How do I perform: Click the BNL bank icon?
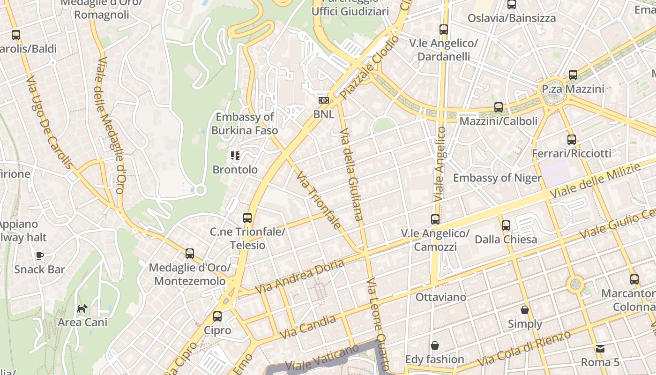pyautogui.click(x=323, y=100)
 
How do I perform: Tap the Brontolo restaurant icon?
pyautogui.click(x=235, y=156)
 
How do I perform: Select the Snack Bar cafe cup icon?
pyautogui.click(x=40, y=255)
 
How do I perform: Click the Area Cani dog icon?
pyautogui.click(x=82, y=308)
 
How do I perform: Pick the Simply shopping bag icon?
pyautogui.click(x=525, y=310)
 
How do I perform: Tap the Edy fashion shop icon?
pyautogui.click(x=435, y=345)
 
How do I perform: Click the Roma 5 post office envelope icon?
pyautogui.click(x=600, y=348)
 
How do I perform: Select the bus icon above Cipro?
pyautogui.click(x=217, y=316)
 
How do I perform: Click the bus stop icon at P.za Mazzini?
pyautogui.click(x=573, y=75)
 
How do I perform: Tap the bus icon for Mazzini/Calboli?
pyautogui.click(x=499, y=107)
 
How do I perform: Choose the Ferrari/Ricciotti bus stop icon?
pyautogui.click(x=571, y=140)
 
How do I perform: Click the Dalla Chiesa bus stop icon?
pyautogui.click(x=506, y=225)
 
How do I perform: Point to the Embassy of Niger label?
pyautogui.click(x=497, y=178)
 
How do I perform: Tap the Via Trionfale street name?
pyautogui.click(x=319, y=200)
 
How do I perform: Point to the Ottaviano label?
pyautogui.click(x=441, y=297)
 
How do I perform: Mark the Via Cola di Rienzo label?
pyautogui.click(x=526, y=349)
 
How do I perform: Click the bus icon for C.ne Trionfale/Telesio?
pyautogui.click(x=247, y=218)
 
